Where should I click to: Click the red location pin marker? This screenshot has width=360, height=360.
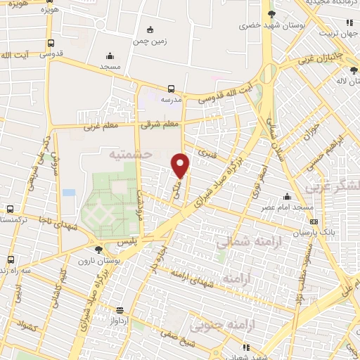point(181,165)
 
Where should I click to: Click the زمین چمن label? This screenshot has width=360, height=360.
point(149,41)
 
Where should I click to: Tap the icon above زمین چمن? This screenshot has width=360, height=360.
point(149,30)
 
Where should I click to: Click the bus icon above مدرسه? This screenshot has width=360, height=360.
point(172,89)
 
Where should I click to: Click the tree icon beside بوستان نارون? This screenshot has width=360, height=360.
point(98,249)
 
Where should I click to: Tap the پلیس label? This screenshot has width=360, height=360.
point(107,240)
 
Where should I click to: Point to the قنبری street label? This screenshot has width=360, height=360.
point(207,151)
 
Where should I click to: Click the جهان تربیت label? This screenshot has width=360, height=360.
point(335,33)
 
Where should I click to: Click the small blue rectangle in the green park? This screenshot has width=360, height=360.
point(68,192)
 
